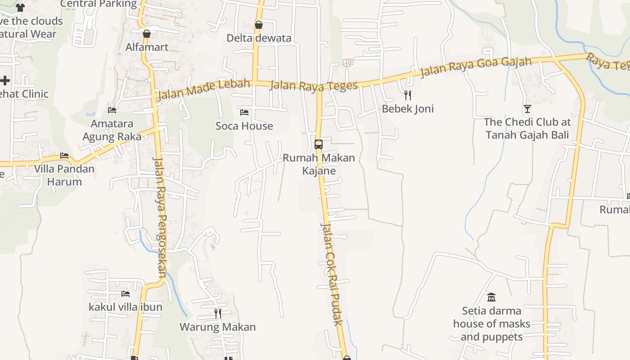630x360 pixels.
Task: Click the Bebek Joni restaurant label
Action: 408,108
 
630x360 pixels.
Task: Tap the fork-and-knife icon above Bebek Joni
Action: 408,95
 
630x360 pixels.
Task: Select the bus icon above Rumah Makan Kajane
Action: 319,144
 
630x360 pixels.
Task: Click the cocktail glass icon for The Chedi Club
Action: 527,108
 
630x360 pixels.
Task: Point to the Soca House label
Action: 244,126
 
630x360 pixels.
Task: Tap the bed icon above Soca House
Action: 244,112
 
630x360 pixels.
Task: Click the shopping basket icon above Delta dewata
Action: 259,25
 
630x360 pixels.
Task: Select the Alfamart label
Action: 147,47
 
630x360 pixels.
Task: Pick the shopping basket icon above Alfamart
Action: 146,33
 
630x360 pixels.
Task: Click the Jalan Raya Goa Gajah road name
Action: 476,67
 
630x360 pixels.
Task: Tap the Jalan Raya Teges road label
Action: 314,85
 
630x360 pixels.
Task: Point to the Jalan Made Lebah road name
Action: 203,89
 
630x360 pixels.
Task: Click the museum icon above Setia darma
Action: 491,297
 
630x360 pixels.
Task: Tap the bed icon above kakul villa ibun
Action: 126,294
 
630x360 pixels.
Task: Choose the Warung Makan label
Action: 218,327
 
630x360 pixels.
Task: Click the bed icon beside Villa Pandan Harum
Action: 64,156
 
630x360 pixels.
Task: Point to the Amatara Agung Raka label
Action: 112,130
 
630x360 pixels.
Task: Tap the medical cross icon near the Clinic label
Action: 4,81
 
